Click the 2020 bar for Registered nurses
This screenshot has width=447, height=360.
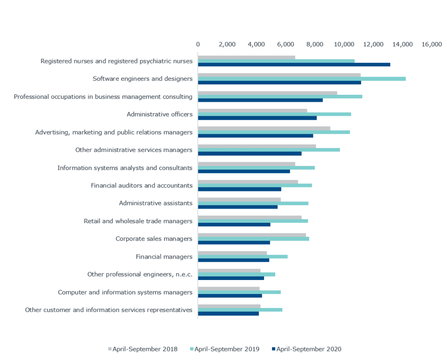click(294, 65)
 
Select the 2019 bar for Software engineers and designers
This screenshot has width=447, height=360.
click(302, 79)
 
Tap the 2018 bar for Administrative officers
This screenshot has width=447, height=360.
click(252, 111)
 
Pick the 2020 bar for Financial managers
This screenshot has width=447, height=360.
click(234, 260)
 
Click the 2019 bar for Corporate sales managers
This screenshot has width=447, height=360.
click(253, 239)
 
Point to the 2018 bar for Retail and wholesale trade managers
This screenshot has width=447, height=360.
click(249, 217)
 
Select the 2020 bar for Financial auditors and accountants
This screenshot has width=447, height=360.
click(240, 189)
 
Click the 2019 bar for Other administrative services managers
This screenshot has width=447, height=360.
click(269, 149)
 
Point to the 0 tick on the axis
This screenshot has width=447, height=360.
click(198, 45)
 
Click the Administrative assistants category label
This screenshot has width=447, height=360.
click(155, 203)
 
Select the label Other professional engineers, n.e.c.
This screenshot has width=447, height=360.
click(140, 274)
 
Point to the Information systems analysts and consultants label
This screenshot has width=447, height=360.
click(125, 168)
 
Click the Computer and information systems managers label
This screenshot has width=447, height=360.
click(125, 292)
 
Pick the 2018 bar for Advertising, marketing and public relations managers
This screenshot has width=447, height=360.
click(264, 128)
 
